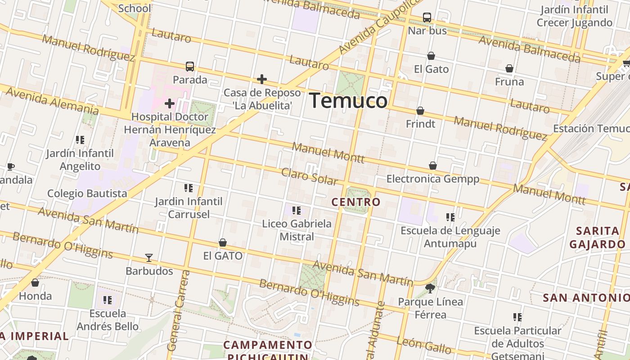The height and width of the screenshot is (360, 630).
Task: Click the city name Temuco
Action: tap(348, 100)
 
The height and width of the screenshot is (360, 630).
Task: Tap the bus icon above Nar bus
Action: tap(427, 18)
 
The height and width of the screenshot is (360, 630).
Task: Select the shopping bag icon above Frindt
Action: tap(420, 111)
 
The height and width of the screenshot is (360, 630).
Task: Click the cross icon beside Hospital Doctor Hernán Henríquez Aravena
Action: tap(169, 104)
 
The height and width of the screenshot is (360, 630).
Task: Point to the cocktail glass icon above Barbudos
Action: tap(149, 258)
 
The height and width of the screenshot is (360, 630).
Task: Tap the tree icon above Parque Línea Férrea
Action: tap(430, 288)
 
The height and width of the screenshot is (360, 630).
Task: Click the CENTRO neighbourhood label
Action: tap(356, 202)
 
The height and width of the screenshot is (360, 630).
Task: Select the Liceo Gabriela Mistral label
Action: tap(297, 230)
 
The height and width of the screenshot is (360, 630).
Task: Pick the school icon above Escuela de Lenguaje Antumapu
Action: tap(450, 217)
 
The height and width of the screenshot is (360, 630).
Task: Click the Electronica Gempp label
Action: tap(433, 179)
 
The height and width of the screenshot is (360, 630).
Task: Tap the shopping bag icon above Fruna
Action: tap(509, 68)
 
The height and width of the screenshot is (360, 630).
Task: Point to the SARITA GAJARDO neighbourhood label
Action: tap(597, 238)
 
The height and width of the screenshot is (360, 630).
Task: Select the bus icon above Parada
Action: tap(190, 67)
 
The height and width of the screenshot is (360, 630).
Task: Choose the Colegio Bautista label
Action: tap(87, 193)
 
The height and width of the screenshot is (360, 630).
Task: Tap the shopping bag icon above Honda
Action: tap(35, 283)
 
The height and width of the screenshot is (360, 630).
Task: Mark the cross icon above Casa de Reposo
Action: tap(262, 80)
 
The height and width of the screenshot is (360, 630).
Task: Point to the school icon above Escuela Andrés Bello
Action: tap(107, 300)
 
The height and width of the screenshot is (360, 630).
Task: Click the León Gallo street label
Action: tap(424, 345)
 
